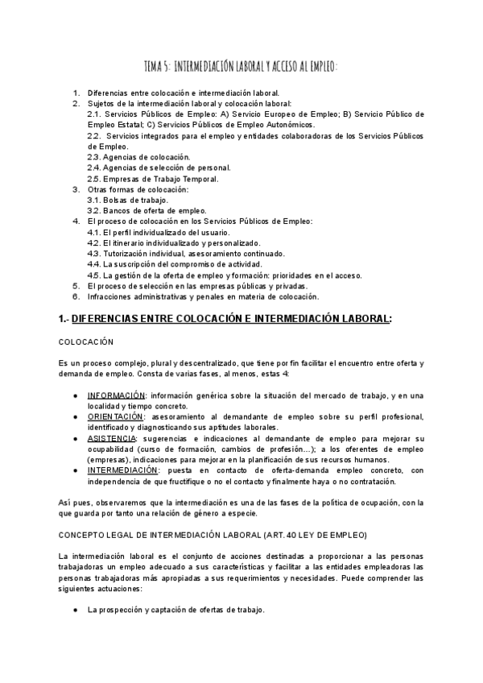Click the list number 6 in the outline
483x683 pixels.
(x=76, y=296)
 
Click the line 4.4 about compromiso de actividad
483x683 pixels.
(x=175, y=263)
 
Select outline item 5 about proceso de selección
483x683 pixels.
(x=197, y=285)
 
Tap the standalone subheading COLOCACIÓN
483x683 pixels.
(x=86, y=342)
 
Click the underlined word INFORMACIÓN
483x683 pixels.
(x=117, y=395)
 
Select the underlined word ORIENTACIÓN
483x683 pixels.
(x=116, y=416)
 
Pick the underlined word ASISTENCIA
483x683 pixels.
(x=112, y=438)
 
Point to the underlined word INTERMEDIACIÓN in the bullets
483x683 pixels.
(x=123, y=470)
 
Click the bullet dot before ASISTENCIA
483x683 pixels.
(x=75, y=438)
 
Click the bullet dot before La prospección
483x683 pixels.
(x=75, y=609)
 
